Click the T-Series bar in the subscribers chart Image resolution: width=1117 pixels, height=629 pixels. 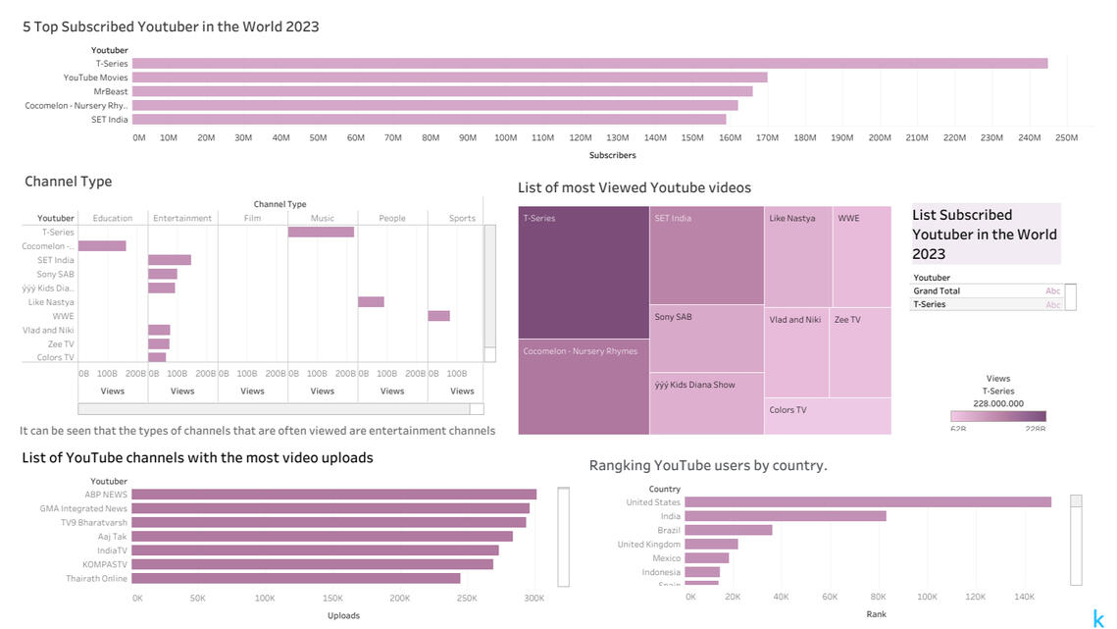pos(588,63)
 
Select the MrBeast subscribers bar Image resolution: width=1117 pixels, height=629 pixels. pos(441,91)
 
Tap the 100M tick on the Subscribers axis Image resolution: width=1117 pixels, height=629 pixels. pos(505,137)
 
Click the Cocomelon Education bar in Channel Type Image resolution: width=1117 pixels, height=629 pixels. pos(102,246)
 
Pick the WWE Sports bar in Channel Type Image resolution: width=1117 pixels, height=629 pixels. pos(438,316)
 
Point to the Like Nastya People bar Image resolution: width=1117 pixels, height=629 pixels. pos(371,302)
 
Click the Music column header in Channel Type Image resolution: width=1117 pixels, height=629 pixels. pos(322,219)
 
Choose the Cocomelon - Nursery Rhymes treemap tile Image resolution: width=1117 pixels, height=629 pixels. pos(584,387)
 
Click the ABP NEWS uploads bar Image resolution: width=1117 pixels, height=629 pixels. pos(333,495)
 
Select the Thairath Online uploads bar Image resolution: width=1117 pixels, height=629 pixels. pos(295,578)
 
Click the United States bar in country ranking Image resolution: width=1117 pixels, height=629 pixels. pos(868,502)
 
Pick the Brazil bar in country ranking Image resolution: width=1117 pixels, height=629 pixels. pos(729,530)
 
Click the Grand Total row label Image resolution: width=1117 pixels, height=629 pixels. pos(937,291)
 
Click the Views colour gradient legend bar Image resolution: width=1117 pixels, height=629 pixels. pos(997,416)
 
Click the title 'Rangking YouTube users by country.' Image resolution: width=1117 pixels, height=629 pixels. pos(708,465)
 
